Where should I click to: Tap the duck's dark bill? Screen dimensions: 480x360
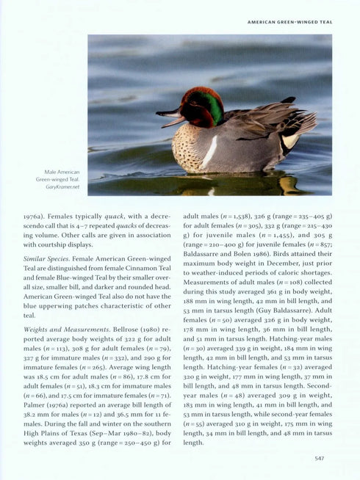(x=169, y=116)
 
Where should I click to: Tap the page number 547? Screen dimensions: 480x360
(x=319, y=459)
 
